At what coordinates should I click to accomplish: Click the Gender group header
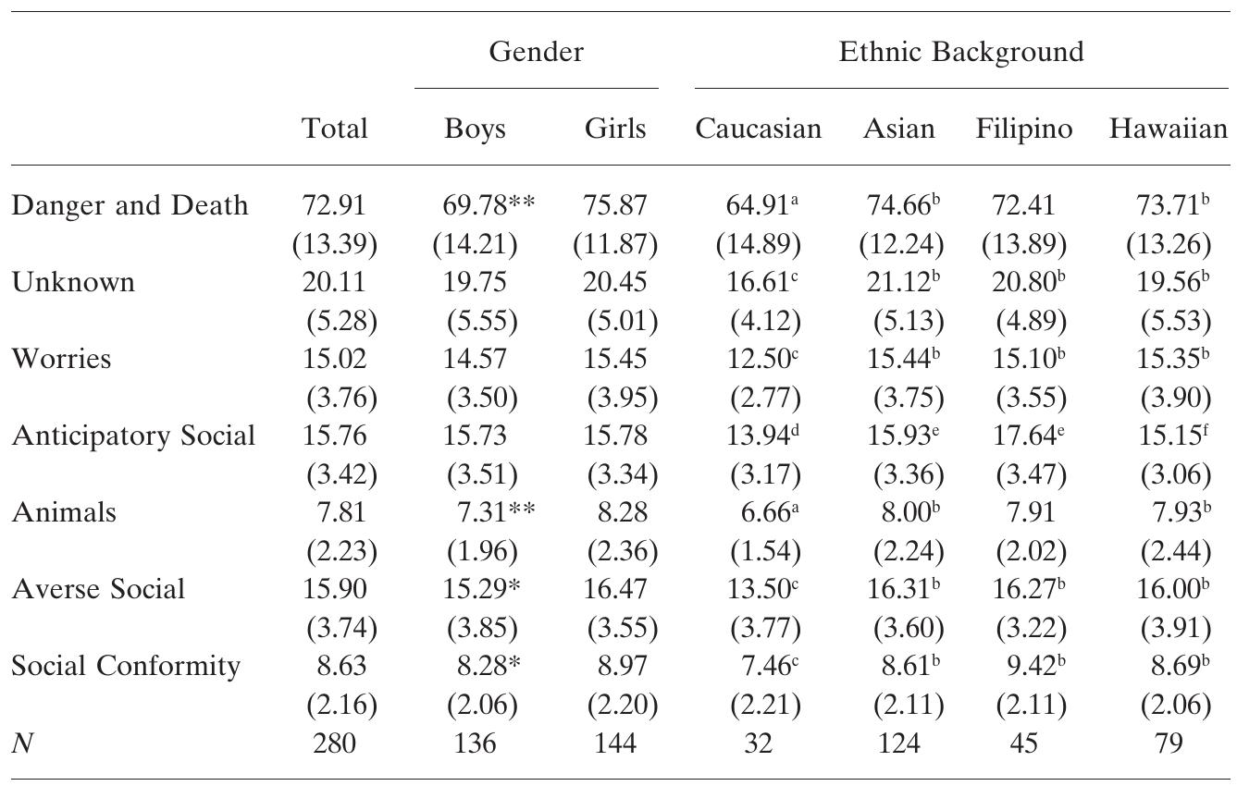click(537, 52)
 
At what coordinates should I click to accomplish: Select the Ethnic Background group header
click(960, 52)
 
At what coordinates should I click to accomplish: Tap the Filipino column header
click(1024, 129)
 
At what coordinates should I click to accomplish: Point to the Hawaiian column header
click(1169, 129)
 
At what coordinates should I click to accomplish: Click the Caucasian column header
click(758, 129)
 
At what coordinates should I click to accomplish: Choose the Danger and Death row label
click(130, 205)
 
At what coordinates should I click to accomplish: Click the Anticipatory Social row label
click(133, 436)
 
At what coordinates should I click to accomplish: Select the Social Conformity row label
click(126, 666)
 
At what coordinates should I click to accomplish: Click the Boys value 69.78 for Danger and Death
click(474, 205)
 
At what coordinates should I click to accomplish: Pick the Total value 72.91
click(334, 205)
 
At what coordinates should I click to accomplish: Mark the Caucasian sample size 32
click(758, 743)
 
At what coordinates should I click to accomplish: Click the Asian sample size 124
click(898, 743)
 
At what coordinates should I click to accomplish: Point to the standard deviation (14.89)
click(758, 244)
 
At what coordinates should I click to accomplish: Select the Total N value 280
click(334, 743)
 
